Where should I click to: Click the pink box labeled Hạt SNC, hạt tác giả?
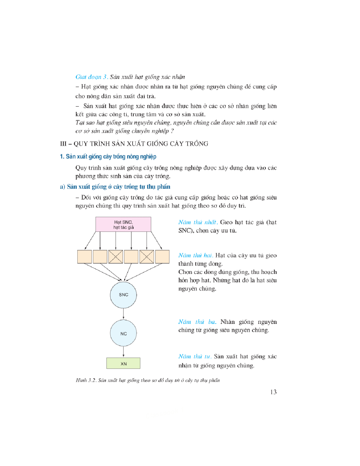(123, 224)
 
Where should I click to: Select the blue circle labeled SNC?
(123, 295)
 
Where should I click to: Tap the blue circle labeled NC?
(123, 334)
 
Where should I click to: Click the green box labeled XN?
(123, 363)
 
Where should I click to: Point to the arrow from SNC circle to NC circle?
(123, 314)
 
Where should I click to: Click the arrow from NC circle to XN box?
(123, 352)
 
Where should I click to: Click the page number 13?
(273, 392)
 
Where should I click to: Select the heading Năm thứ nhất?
(197, 222)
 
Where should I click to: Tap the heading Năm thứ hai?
(195, 255)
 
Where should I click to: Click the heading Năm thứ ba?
(197, 322)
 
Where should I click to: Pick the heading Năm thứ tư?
(195, 357)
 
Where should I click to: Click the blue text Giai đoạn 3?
(92, 77)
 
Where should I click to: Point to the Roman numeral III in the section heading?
(63, 144)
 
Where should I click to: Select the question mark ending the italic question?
(172, 131)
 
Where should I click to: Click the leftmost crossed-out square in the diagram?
(116, 257)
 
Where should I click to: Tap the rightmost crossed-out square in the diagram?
(147, 257)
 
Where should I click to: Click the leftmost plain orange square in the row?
(84, 257)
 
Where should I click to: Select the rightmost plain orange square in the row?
(162, 257)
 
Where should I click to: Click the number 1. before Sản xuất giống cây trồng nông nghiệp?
(62, 157)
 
